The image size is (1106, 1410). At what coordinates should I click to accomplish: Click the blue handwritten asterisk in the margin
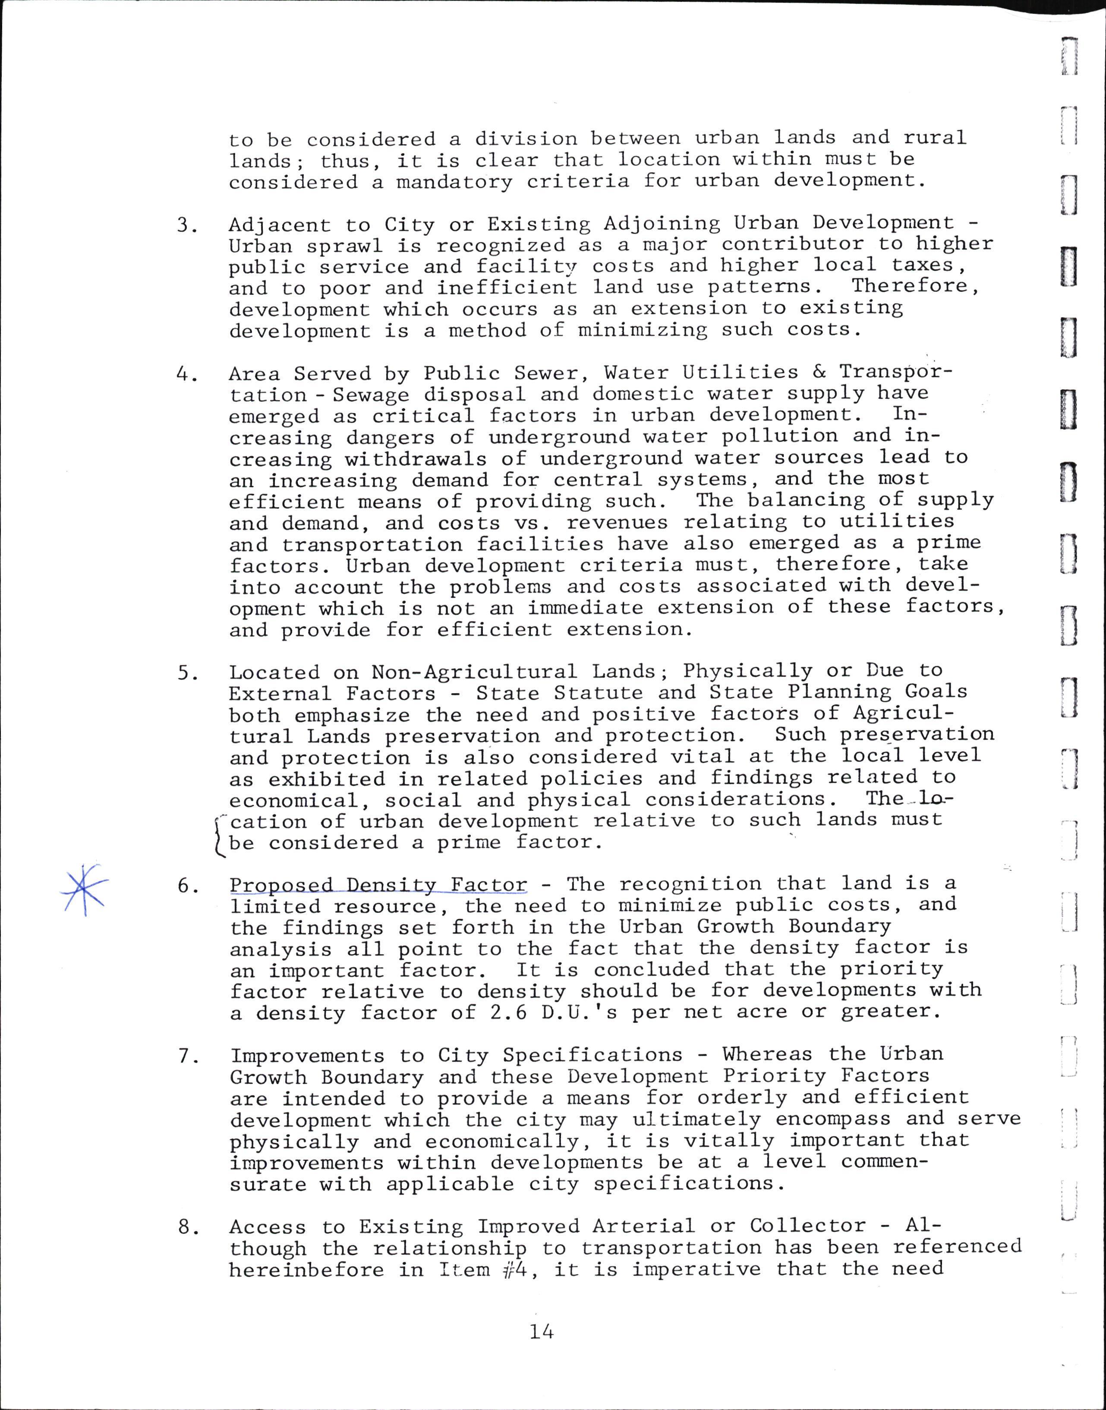84,889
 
